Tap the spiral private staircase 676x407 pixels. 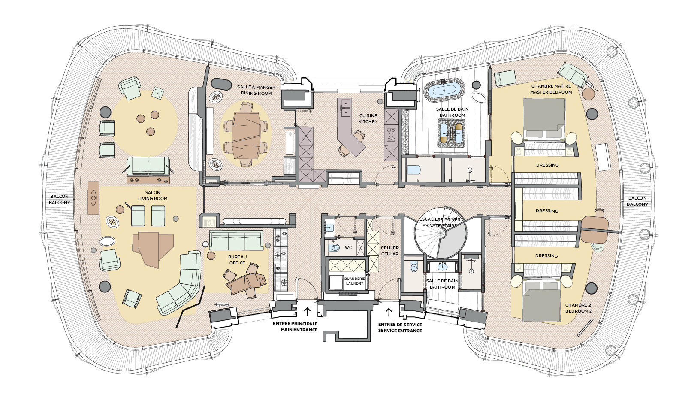[441, 233]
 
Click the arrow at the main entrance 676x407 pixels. [308, 311]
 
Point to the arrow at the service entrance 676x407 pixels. [389, 312]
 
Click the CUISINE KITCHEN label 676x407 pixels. [368, 119]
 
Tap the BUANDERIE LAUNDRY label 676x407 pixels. [355, 281]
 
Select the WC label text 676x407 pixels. [348, 247]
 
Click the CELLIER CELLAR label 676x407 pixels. [390, 251]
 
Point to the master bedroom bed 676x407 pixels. [544, 118]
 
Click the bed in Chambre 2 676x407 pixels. [542, 301]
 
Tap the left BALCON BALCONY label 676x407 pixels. [60, 199]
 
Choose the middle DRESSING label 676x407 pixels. [547, 211]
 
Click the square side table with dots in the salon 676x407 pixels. [158, 92]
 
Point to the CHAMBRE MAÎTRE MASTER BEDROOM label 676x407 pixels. [551, 89]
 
